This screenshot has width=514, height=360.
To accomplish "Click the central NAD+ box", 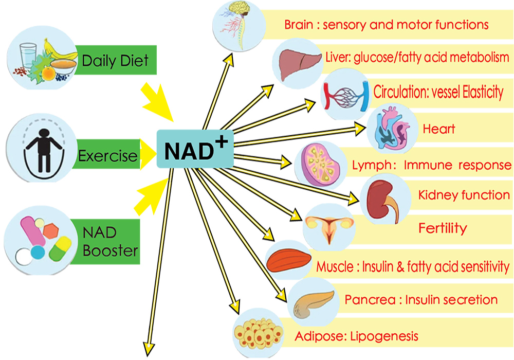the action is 195,149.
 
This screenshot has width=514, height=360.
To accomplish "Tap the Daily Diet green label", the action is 115,60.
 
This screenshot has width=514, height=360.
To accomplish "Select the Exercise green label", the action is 107,154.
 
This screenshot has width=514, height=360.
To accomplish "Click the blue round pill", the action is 38,252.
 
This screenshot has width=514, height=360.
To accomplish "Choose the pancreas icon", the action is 314,303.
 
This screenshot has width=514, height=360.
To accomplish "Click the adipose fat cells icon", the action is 259,333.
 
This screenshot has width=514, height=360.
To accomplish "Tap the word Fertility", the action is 443,228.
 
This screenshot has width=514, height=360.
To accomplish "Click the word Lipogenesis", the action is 384,336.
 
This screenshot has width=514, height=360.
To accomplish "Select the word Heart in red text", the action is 439,129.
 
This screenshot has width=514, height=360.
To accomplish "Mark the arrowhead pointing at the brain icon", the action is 229,60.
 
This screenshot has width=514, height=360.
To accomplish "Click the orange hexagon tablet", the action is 51,231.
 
